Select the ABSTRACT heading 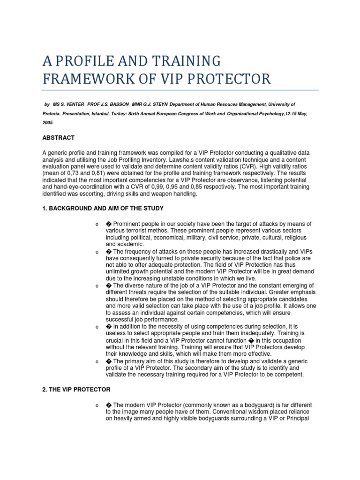(x=59, y=138)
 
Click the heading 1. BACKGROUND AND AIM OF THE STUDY (x=103, y=208)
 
